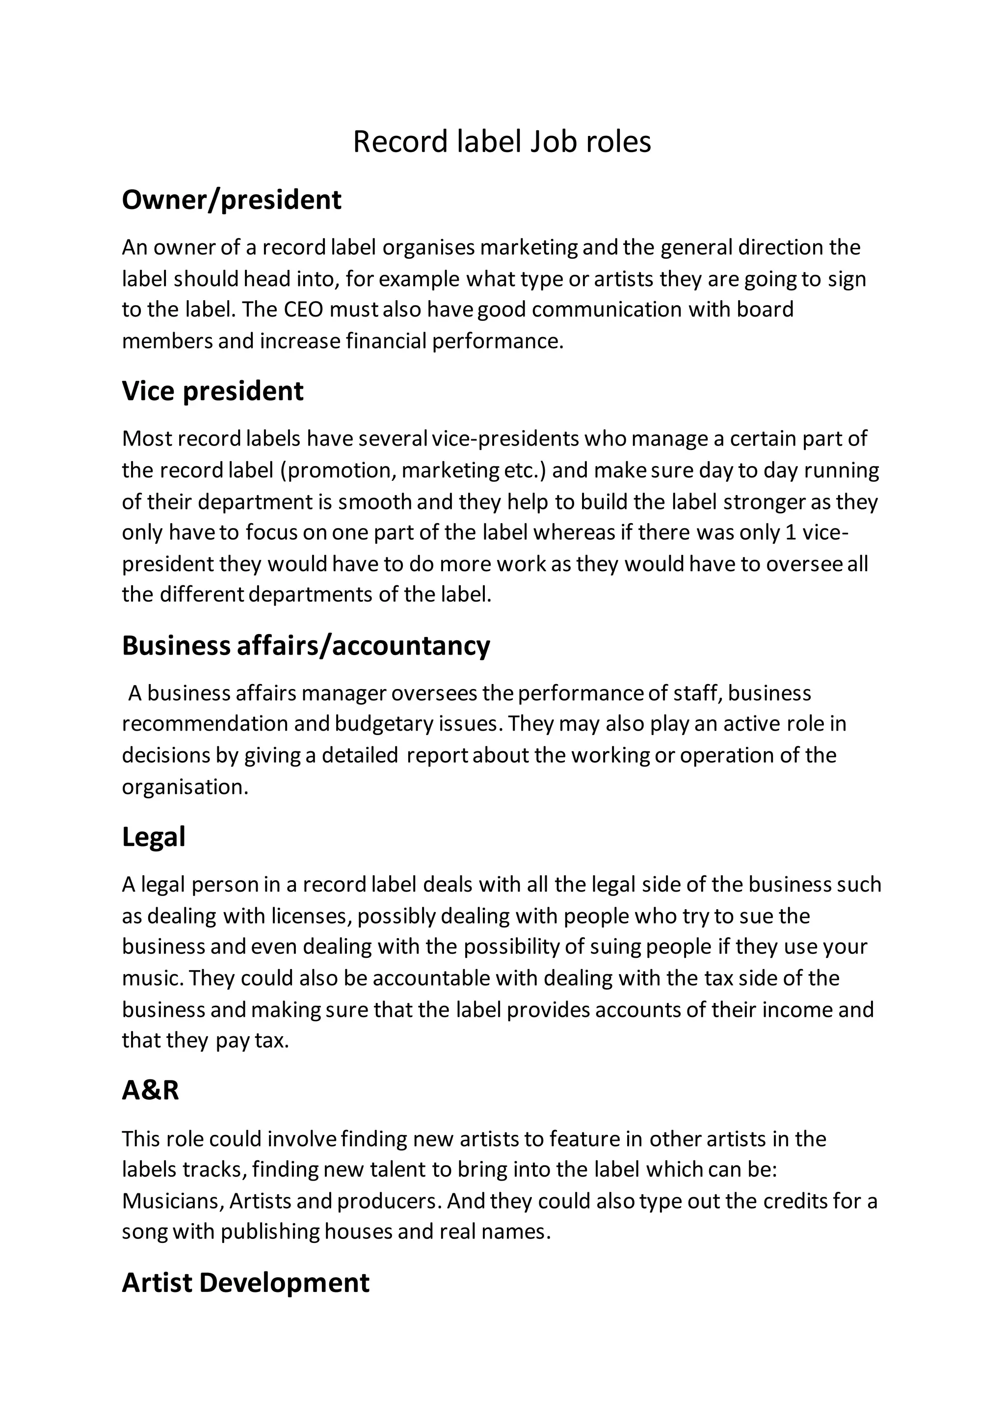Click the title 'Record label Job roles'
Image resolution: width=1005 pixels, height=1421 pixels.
[502, 142]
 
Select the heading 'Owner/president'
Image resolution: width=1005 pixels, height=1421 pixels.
[232, 200]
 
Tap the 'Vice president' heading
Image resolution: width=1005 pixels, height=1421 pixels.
[212, 391]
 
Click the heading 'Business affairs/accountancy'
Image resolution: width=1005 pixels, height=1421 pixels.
[306, 646]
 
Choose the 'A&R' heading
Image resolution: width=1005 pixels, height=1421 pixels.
[150, 1090]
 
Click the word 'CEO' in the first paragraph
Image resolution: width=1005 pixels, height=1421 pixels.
[303, 310]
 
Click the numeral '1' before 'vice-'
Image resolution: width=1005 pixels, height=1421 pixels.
[790, 532]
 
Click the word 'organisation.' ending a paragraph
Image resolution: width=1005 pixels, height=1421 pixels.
[185, 787]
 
